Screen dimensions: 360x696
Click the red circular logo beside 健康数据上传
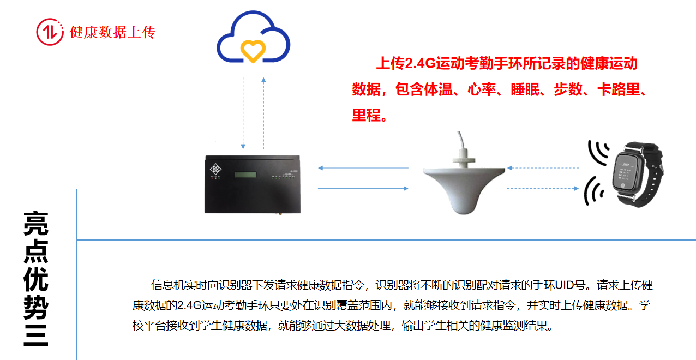(x=50, y=32)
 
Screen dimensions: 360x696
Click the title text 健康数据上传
(x=113, y=32)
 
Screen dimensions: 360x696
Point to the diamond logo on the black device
(x=216, y=169)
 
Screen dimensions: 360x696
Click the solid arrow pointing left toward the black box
(x=363, y=168)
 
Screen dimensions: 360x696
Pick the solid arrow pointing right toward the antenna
(x=363, y=189)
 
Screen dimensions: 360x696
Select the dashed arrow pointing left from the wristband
(x=543, y=168)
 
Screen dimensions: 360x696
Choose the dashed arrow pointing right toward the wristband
(x=543, y=189)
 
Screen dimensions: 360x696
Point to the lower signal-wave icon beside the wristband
(x=594, y=191)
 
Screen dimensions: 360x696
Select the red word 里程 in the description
(x=366, y=115)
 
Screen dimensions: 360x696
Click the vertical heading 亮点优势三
(x=36, y=278)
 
